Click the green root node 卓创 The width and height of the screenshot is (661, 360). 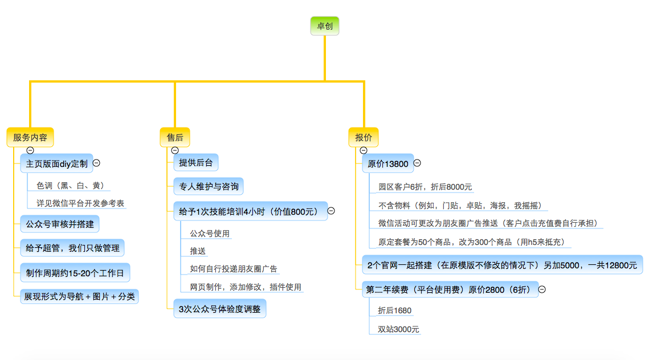[325, 26]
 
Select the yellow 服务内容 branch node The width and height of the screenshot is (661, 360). [30, 137]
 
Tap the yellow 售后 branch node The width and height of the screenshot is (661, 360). [175, 137]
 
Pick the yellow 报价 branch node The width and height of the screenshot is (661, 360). [364, 137]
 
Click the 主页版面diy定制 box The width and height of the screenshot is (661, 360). [56, 163]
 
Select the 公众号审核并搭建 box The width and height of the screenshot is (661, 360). [60, 224]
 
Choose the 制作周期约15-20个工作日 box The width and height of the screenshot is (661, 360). [75, 273]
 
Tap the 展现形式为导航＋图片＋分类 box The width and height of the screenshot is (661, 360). [79, 296]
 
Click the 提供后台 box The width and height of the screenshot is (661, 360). [196, 163]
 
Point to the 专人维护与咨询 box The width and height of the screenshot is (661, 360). [209, 186]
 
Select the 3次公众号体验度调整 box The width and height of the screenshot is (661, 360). [219, 309]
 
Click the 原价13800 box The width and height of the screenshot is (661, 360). [388, 163]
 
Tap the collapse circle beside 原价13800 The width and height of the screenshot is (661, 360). [417, 163]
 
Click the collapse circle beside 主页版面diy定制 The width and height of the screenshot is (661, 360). [96, 163]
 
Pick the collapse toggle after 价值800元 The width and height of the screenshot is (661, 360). [331, 211]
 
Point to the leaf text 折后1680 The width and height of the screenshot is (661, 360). [394, 310]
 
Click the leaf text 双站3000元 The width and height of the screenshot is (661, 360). [398, 329]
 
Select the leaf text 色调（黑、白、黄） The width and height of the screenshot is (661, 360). [71, 186]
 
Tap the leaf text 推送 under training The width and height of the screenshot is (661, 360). [198, 251]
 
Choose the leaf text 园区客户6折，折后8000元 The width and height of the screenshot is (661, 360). [425, 187]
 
